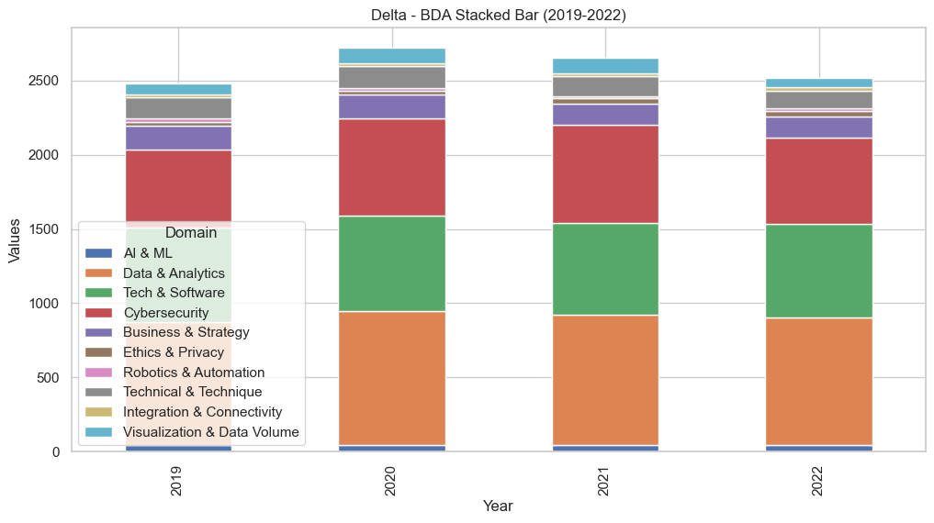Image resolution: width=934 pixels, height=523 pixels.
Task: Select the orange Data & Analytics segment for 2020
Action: (392, 378)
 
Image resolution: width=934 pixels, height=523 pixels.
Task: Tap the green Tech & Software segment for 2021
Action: (605, 269)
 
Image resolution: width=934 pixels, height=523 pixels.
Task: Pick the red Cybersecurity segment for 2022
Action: (819, 181)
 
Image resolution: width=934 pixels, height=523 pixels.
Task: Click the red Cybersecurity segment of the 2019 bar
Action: (178, 184)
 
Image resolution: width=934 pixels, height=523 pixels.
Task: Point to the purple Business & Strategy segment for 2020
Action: (392, 106)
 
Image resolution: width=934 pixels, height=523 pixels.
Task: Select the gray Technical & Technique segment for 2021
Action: (605, 86)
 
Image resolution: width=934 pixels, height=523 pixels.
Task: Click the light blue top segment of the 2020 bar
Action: (392, 56)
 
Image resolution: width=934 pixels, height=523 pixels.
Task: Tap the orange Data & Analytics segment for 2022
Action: (819, 381)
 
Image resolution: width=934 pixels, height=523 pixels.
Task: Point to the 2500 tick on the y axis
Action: (43, 81)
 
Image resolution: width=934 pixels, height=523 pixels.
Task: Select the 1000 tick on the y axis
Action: (43, 304)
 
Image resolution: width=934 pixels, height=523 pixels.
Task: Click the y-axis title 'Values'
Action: (14, 241)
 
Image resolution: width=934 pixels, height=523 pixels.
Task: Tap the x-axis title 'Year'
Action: (498, 506)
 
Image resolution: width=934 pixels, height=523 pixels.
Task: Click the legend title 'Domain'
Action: (191, 233)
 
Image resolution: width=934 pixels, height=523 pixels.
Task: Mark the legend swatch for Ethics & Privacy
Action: (98, 352)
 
